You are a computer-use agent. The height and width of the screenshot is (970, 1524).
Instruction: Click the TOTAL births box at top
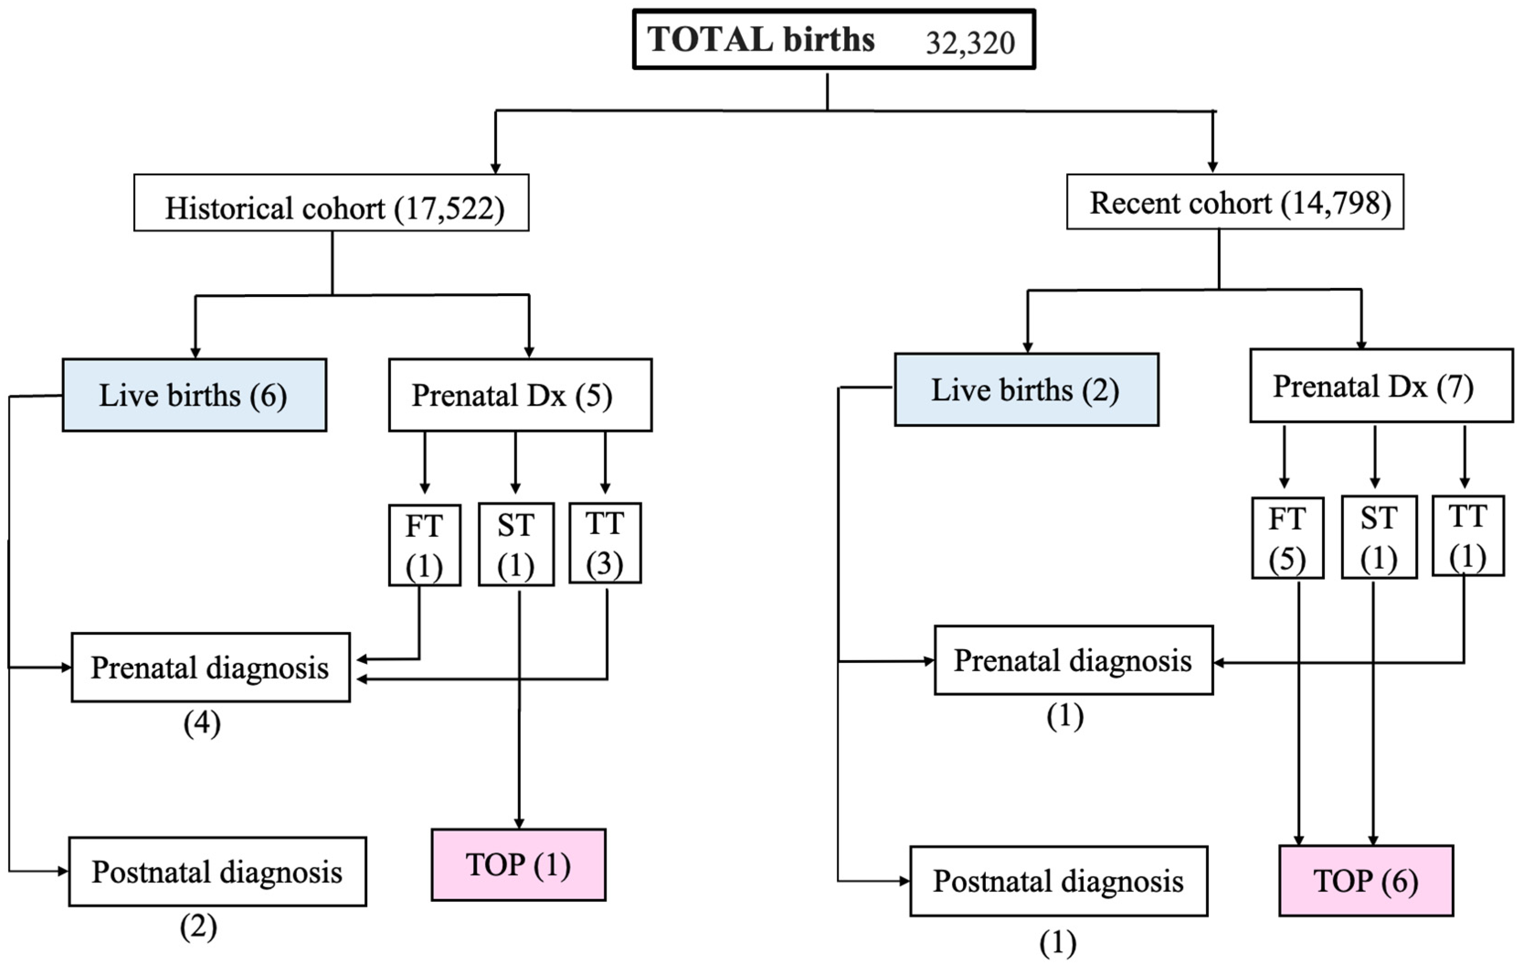tap(834, 39)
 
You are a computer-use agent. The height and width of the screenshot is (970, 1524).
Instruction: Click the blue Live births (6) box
tap(194, 395)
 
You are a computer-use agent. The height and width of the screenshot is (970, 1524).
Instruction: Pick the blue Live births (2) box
tap(1026, 389)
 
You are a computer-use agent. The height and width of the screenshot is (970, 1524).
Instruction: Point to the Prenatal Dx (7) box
tap(1381, 386)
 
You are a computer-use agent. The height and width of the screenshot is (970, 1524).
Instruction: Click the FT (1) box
tap(424, 545)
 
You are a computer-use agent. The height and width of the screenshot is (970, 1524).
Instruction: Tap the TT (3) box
tap(605, 543)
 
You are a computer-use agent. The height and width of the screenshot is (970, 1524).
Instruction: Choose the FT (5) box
tap(1286, 538)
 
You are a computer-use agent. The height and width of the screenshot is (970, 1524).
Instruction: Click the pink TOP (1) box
tap(519, 865)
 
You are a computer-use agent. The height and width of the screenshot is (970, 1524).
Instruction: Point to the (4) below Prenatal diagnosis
tap(202, 723)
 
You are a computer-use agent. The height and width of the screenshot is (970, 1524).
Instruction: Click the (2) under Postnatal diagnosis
tap(198, 928)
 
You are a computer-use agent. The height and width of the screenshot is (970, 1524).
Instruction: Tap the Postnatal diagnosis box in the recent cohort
tap(1058, 881)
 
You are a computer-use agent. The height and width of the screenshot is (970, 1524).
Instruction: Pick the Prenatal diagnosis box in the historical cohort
tap(210, 668)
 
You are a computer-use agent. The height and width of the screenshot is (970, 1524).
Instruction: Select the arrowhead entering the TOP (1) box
tap(519, 823)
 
